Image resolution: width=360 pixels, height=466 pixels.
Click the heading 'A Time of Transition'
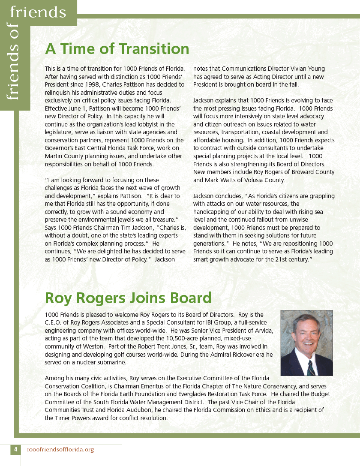[117, 49]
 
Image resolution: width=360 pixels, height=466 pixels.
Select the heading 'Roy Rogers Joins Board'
[128, 298]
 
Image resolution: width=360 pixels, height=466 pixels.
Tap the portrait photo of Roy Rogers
[306, 343]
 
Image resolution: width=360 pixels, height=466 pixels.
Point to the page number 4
[15, 450]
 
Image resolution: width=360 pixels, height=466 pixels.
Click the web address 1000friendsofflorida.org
[60, 450]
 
